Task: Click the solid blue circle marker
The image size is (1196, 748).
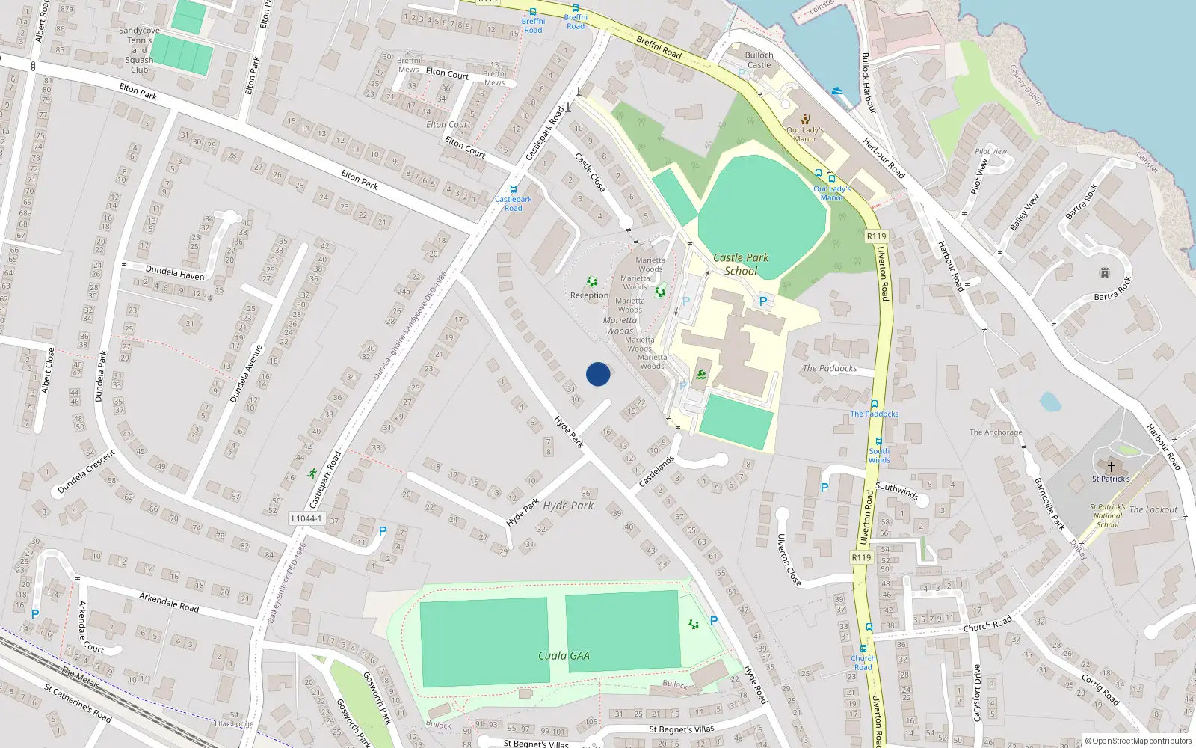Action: [x=598, y=374]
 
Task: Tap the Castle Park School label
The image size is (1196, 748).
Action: [x=740, y=264]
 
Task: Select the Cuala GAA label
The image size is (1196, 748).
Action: [x=564, y=656]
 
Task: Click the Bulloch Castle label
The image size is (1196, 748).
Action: [x=759, y=60]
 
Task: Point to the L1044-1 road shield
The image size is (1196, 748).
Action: [x=306, y=518]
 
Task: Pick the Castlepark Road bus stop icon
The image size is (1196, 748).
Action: [x=513, y=189]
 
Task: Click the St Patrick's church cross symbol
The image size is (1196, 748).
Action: [x=1112, y=466]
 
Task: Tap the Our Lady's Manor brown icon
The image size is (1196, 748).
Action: [x=805, y=119]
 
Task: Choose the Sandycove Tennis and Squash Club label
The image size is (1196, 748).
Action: [x=139, y=50]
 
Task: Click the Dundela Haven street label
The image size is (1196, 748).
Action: [x=175, y=272]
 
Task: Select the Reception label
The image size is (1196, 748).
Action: [x=589, y=295]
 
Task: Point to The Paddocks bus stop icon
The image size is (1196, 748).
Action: [x=874, y=404]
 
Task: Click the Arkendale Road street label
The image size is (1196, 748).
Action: [x=169, y=602]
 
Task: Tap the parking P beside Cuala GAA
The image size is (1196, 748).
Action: [x=714, y=621]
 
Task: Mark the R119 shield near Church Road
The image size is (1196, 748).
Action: [x=861, y=557]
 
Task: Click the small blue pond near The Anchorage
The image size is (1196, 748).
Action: [x=1050, y=402]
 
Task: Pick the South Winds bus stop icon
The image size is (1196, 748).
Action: [x=879, y=441]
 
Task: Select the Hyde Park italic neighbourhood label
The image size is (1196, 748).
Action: [x=568, y=506]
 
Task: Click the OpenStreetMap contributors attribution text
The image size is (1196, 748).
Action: [x=1138, y=741]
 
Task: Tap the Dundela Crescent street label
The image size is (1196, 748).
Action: [x=86, y=472]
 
